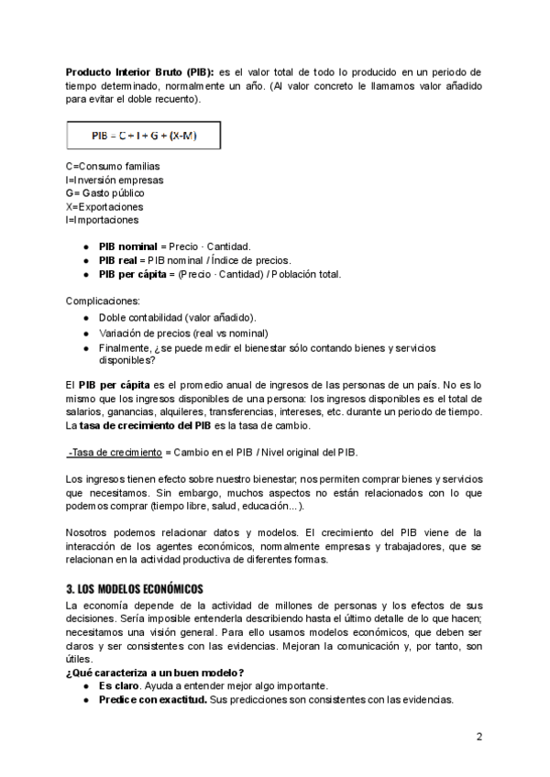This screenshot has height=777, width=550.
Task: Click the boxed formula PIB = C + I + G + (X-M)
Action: point(143,137)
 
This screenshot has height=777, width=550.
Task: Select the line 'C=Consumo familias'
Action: point(113,167)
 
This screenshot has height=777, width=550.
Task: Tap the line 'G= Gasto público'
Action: point(104,193)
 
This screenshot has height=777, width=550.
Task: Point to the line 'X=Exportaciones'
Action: point(104,207)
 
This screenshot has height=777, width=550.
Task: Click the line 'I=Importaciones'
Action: point(103,220)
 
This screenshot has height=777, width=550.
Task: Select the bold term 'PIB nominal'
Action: point(128,247)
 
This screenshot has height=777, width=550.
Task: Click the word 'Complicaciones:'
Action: point(103,301)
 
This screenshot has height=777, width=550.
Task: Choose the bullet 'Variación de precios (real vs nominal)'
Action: point(183,333)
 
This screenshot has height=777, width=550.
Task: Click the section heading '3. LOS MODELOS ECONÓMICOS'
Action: point(135,588)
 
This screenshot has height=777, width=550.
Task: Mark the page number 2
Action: point(478,737)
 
